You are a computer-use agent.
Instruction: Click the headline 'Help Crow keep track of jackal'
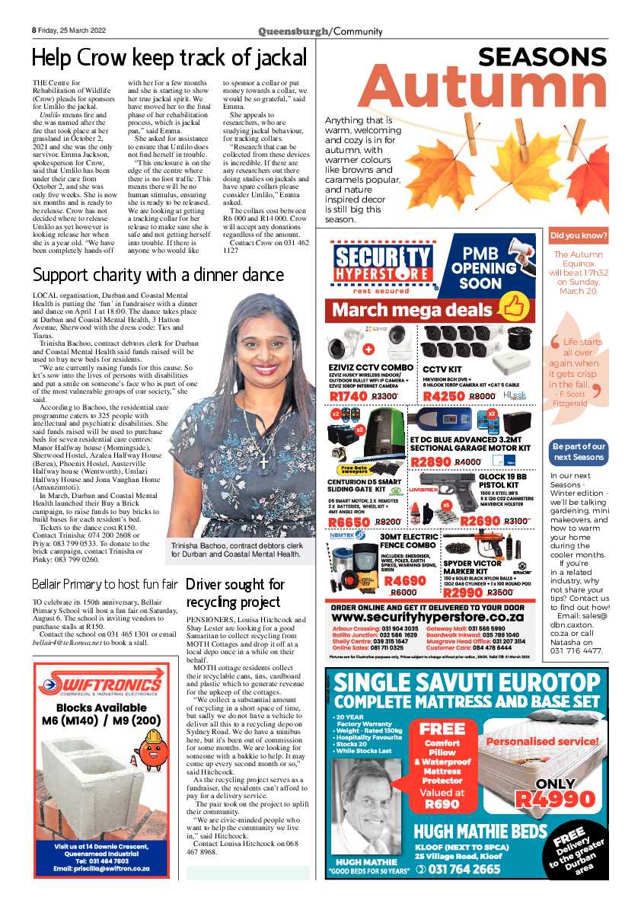click(x=169, y=57)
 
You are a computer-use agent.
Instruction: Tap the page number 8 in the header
click(x=34, y=30)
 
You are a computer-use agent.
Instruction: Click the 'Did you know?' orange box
click(x=579, y=236)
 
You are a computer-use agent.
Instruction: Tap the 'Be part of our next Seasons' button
click(x=579, y=452)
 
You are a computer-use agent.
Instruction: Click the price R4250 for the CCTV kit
click(x=444, y=396)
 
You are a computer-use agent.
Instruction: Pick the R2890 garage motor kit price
click(x=431, y=461)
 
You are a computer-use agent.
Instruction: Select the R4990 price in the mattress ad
click(x=555, y=799)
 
